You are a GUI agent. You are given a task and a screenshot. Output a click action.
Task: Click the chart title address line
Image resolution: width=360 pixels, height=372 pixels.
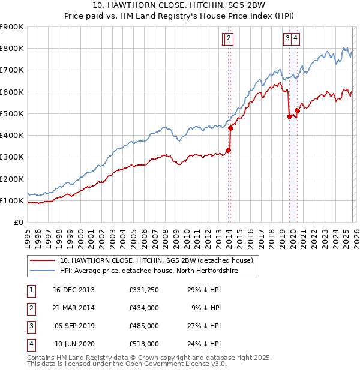(179, 5)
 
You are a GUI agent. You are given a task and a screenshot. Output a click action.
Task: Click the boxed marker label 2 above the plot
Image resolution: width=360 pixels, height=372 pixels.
(230, 38)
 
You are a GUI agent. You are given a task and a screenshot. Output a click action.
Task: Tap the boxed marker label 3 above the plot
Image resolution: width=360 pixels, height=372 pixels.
(288, 38)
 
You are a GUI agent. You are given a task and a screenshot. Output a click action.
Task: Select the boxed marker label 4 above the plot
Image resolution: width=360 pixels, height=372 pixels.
(296, 38)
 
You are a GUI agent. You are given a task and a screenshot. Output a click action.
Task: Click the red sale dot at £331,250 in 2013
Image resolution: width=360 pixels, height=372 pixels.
(228, 150)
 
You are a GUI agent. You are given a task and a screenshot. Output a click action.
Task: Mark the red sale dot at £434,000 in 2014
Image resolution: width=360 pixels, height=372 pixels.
(231, 127)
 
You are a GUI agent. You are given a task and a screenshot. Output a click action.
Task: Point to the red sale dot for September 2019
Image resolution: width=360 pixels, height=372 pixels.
(289, 116)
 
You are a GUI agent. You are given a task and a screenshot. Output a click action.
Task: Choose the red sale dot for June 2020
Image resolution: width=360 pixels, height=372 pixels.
(297, 110)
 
